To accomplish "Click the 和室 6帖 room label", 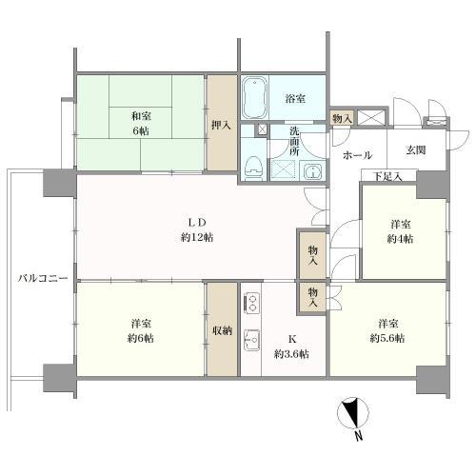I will coord(140,123).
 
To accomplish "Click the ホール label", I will coord(357,154).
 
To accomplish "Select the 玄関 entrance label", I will coord(417,149).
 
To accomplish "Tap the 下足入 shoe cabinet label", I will coord(387,176).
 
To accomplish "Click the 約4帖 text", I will coord(401,239).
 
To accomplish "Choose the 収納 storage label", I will coord(222,330).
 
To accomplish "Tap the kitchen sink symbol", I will coord(253,339).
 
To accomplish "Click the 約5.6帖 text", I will coord(387,338).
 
